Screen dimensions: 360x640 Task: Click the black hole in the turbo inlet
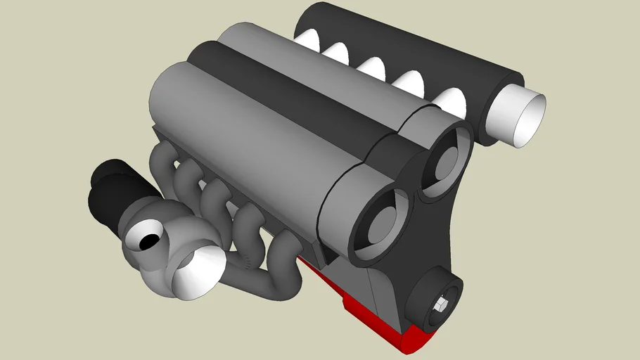tap(150, 241)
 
